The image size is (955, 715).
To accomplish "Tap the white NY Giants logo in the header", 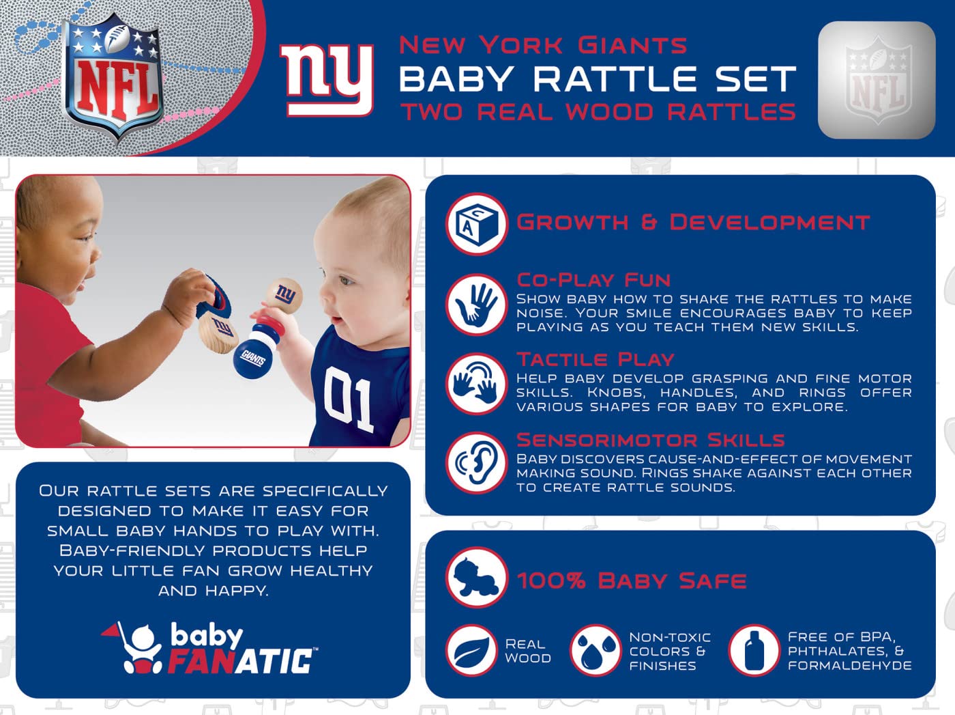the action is click(326, 81).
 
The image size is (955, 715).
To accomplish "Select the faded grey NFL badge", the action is click(877, 80).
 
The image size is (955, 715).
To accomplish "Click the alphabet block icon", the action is click(476, 224).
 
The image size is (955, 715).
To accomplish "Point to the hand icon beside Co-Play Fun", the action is click(476, 305).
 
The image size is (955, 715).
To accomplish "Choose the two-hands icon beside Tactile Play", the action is click(476, 384).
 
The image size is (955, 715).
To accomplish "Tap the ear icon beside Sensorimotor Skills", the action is click(476, 462).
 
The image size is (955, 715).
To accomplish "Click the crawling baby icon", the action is click(476, 578).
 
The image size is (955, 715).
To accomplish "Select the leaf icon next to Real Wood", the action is click(471, 651).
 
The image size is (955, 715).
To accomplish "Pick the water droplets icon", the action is click(596, 651).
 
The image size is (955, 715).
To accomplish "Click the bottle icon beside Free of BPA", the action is click(754, 651).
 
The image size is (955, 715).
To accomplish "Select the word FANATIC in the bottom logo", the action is click(241, 661).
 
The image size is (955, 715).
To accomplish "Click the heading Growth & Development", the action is click(692, 223).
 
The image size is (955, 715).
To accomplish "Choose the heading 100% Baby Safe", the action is click(631, 581).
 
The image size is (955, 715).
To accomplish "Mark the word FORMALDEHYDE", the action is click(850, 666).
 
